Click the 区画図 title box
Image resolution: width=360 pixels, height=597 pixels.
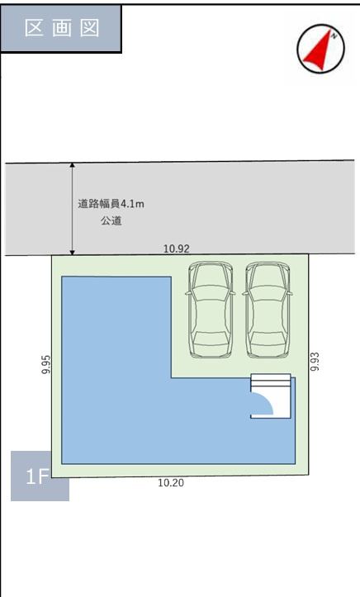(x=62, y=28)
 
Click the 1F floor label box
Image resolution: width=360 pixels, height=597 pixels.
(x=39, y=476)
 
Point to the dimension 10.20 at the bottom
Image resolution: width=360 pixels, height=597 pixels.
(x=170, y=483)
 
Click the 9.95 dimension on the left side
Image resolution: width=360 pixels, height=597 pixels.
(x=46, y=365)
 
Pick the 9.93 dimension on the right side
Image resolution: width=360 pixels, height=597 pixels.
(x=315, y=361)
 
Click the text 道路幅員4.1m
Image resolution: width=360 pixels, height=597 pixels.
(x=105, y=204)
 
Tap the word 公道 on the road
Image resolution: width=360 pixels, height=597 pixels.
(x=111, y=221)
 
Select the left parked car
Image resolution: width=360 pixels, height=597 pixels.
(x=210, y=310)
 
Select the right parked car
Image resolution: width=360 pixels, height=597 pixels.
(x=268, y=310)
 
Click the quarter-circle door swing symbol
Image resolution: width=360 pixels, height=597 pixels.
(x=261, y=404)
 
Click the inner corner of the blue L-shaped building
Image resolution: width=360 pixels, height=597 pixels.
(x=171, y=377)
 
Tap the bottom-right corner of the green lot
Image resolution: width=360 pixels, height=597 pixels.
(x=308, y=474)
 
